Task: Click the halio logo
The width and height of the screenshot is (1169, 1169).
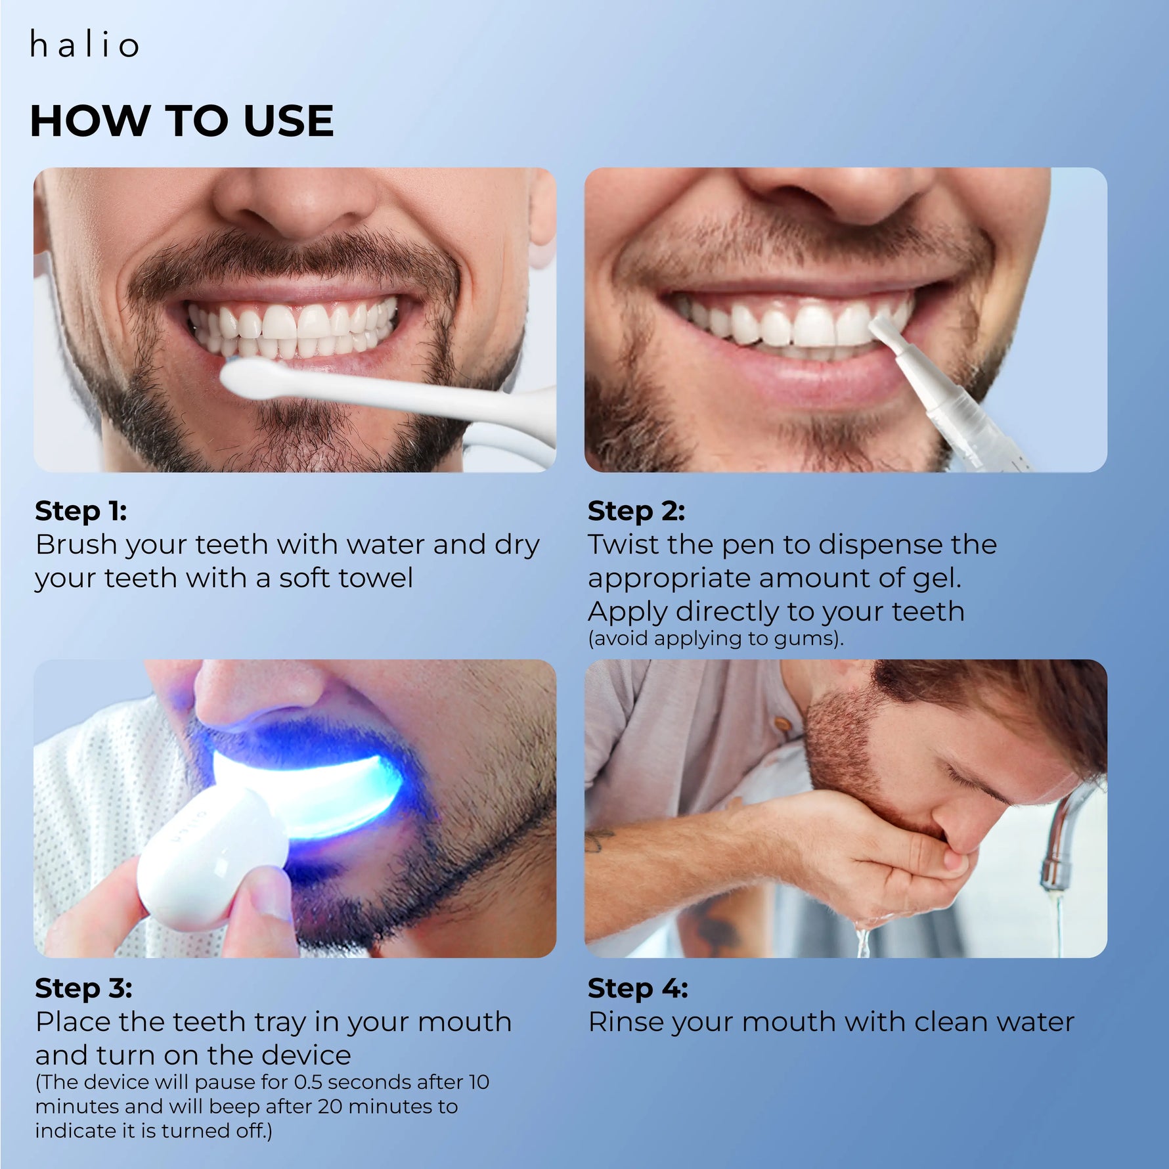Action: point(84,44)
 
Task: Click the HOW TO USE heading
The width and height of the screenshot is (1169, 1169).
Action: point(182,121)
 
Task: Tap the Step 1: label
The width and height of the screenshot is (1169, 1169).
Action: point(81,510)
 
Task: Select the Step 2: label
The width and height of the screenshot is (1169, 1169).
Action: point(636,510)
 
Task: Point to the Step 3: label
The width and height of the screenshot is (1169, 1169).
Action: point(83,988)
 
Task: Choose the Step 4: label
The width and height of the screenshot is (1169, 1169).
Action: point(638,988)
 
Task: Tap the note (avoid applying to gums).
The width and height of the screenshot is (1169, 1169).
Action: point(716,638)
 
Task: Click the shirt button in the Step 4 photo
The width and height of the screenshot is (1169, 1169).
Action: point(782,724)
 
